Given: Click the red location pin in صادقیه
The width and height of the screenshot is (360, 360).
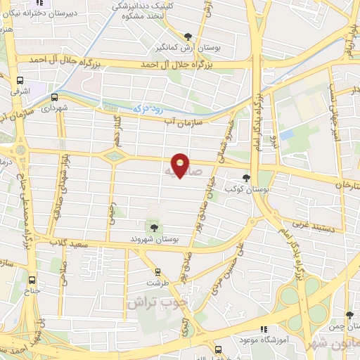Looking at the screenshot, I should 181,164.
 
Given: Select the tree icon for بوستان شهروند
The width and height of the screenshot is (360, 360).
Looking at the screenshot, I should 153,226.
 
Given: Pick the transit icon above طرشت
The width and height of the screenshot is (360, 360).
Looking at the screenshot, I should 157,271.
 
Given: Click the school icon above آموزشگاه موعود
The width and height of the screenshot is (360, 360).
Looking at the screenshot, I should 264,328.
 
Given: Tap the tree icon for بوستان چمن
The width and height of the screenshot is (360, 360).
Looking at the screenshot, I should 349,316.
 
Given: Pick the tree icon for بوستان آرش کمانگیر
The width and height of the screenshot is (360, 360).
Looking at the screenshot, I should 188,37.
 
